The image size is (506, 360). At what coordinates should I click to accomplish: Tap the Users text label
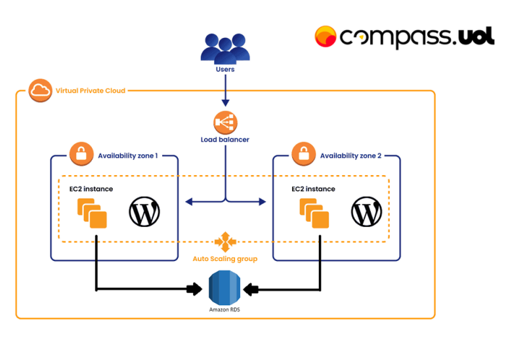(225, 69)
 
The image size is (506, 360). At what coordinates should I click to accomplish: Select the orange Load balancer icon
(225, 123)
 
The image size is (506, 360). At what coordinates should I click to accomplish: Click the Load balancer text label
(225, 140)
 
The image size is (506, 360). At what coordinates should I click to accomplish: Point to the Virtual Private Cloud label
(91, 90)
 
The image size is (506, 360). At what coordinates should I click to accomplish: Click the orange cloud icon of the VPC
(40, 90)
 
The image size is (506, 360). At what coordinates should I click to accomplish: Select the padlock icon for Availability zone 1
(81, 155)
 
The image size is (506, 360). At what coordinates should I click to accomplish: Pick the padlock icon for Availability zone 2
(303, 155)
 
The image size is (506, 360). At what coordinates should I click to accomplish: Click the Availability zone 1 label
(128, 155)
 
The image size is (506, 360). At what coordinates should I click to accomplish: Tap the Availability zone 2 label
(350, 155)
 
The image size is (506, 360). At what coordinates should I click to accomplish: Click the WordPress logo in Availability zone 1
(144, 212)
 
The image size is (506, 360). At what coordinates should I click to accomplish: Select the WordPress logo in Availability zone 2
(366, 212)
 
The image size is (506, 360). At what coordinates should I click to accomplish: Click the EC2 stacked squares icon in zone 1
(92, 213)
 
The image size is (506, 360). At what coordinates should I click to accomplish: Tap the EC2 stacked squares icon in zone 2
(314, 213)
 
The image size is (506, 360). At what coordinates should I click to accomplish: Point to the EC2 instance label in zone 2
(313, 189)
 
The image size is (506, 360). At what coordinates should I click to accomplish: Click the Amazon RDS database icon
(225, 287)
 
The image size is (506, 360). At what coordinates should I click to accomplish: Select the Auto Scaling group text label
(225, 259)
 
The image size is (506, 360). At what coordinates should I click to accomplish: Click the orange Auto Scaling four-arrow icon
(225, 241)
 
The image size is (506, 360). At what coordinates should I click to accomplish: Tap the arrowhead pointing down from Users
(225, 102)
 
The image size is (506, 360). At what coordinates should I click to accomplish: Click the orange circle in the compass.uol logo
(326, 37)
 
